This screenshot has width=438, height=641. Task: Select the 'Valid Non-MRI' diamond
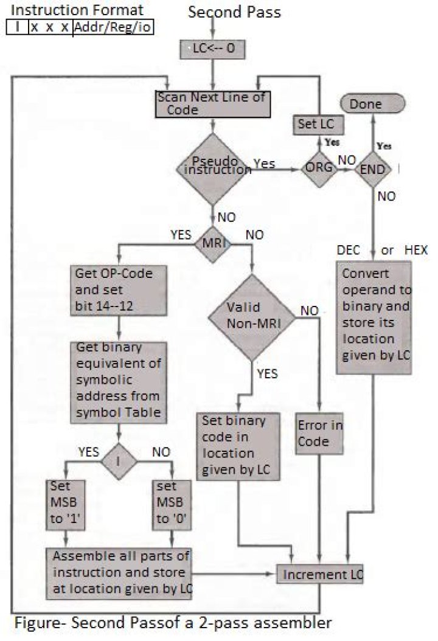252,315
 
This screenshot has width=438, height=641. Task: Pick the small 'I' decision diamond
119,460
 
